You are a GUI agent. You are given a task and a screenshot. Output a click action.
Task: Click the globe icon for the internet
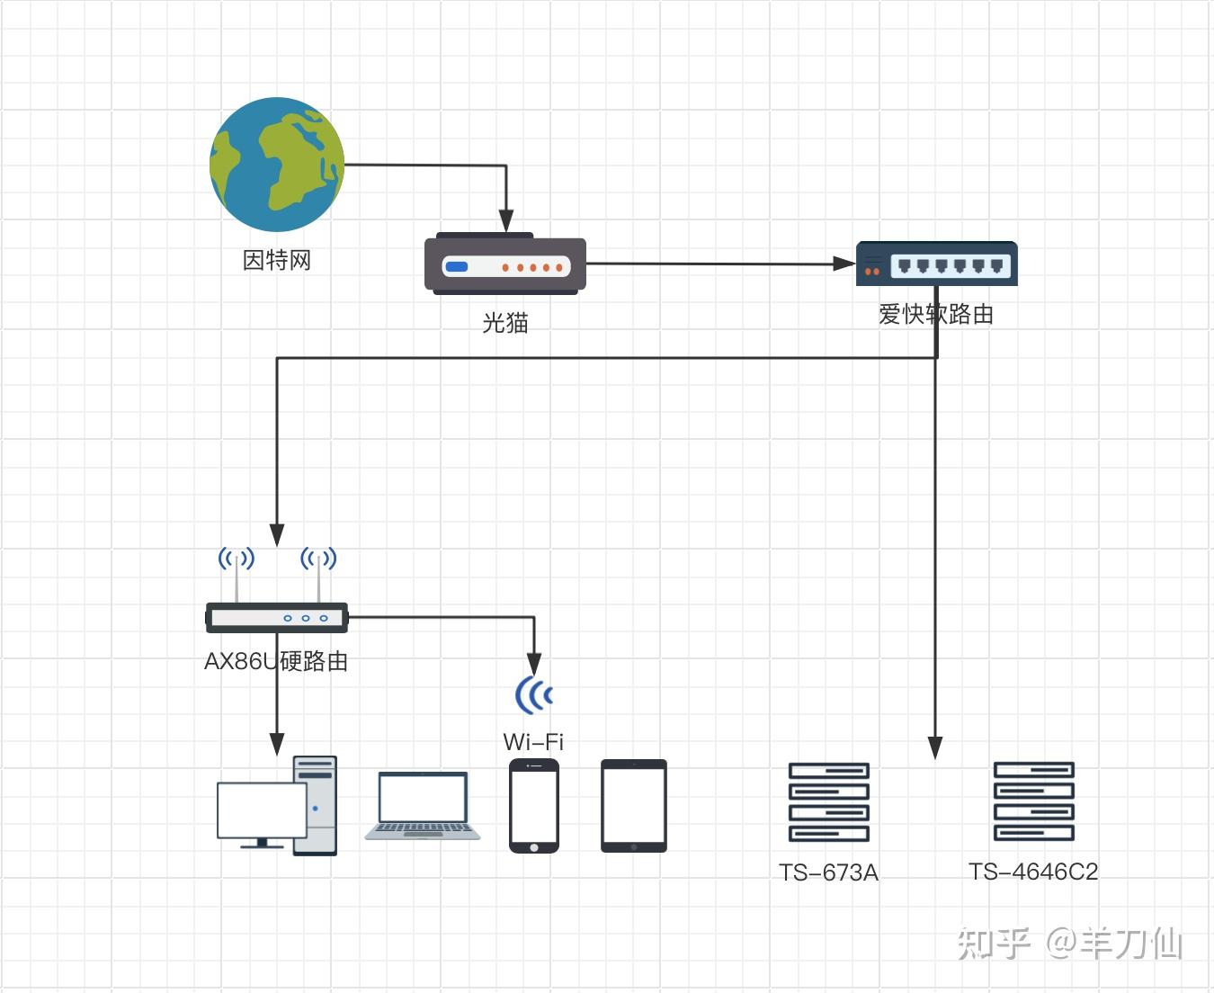277,164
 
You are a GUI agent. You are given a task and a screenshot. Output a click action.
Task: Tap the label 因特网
277,260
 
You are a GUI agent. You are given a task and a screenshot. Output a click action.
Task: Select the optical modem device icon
505,265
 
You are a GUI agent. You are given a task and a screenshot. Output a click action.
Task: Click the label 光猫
505,322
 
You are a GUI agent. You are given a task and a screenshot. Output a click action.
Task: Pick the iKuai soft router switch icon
936,264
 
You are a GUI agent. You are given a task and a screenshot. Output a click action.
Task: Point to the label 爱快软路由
936,314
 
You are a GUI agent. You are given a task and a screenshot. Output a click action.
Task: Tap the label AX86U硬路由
276,661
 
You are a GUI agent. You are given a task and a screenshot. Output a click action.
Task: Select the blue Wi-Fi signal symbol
534,694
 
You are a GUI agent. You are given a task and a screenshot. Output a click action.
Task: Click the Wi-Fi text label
533,742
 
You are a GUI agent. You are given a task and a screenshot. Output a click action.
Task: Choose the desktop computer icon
277,806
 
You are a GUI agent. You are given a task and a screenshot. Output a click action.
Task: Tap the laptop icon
423,806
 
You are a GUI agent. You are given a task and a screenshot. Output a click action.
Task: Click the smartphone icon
534,806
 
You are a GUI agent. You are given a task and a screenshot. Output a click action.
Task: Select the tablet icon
634,806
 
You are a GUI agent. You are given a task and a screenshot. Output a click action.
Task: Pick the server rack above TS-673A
828,802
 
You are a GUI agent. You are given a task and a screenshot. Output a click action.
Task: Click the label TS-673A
828,872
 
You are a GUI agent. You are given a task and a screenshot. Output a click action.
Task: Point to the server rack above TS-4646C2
1033,802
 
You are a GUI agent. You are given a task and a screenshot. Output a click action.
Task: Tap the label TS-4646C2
1033,872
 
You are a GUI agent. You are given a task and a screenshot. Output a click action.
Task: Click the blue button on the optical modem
457,267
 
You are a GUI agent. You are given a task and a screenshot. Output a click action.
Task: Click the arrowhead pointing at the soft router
844,264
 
